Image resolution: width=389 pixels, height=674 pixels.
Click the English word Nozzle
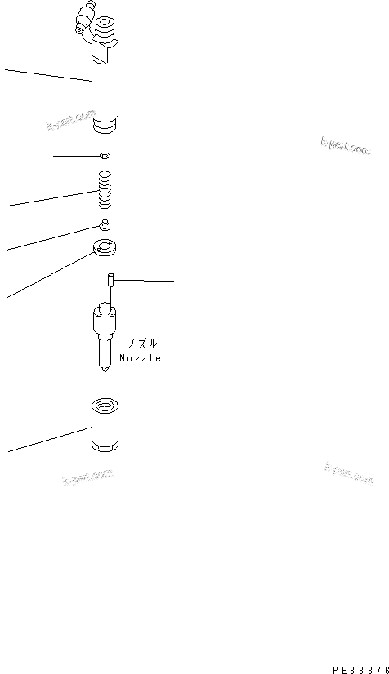pyautogui.click(x=140, y=357)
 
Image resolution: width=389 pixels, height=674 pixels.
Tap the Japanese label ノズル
pyautogui.click(x=139, y=344)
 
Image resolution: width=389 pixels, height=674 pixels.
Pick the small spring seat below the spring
pyautogui.click(x=105, y=226)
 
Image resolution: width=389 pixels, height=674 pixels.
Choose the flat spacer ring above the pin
pyautogui.click(x=105, y=248)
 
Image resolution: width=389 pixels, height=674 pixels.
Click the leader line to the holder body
pyautogui.click(x=45, y=74)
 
